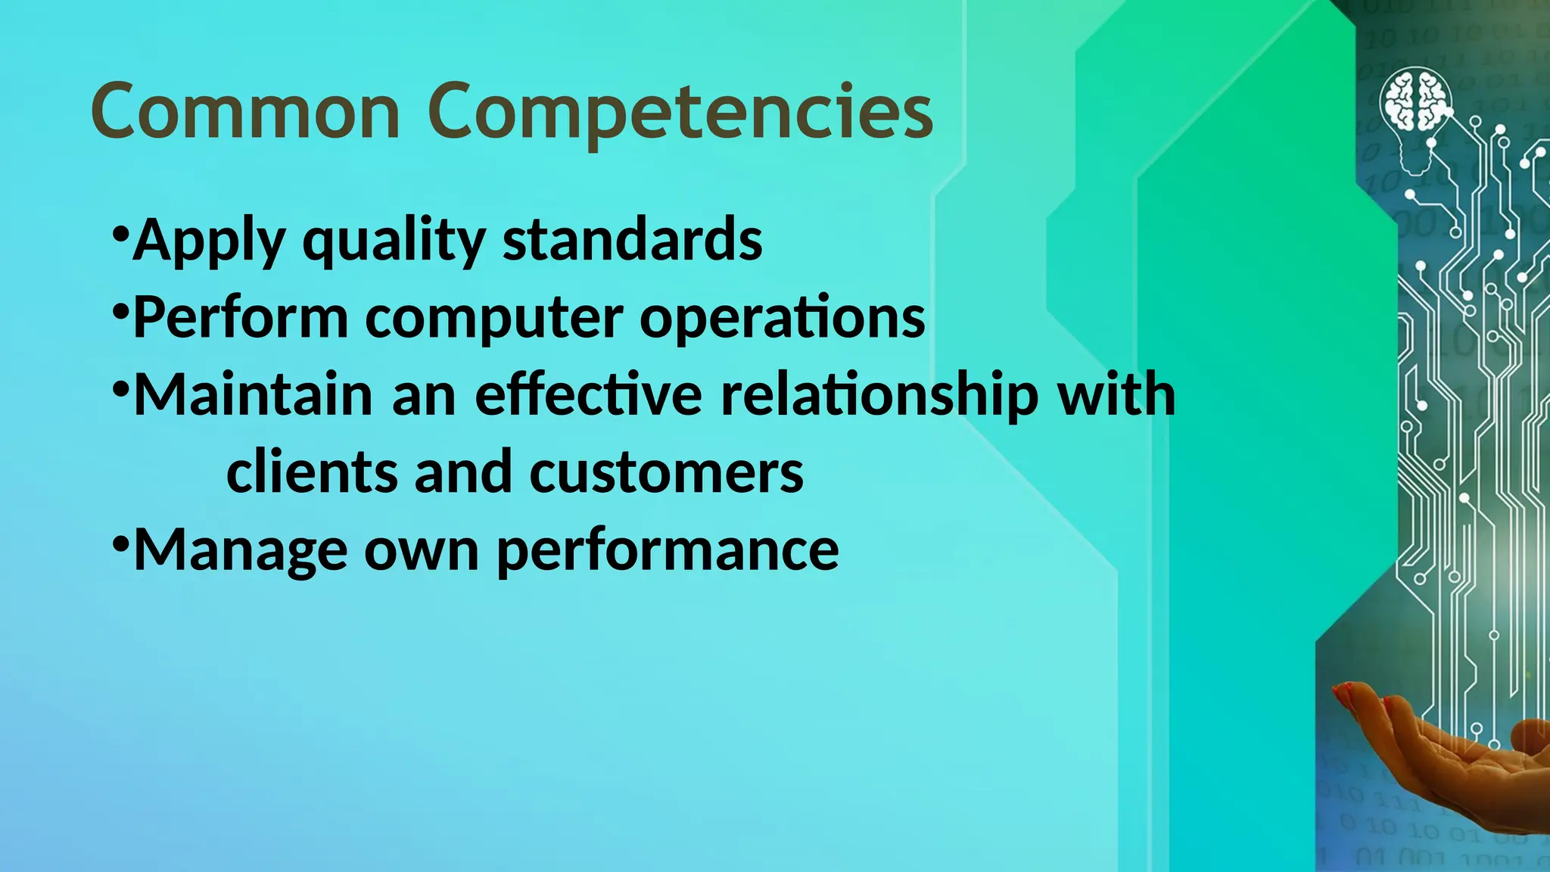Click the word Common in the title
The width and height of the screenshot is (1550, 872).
pyautogui.click(x=245, y=111)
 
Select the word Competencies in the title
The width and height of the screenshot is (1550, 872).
pyautogui.click(x=680, y=114)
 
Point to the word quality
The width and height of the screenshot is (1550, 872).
pyautogui.click(x=394, y=241)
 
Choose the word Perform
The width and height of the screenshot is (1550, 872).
pyautogui.click(x=241, y=317)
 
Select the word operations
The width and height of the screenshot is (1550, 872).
pyautogui.click(x=783, y=317)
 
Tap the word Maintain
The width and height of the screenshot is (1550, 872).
pyautogui.click(x=253, y=394)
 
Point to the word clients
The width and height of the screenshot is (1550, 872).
pyautogui.click(x=312, y=472)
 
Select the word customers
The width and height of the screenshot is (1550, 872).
pyautogui.click(x=666, y=473)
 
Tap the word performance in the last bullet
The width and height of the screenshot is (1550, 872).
pyautogui.click(x=668, y=551)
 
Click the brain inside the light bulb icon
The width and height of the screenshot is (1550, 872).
pyautogui.click(x=1415, y=99)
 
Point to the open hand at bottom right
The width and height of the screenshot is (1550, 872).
pyautogui.click(x=1438, y=749)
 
